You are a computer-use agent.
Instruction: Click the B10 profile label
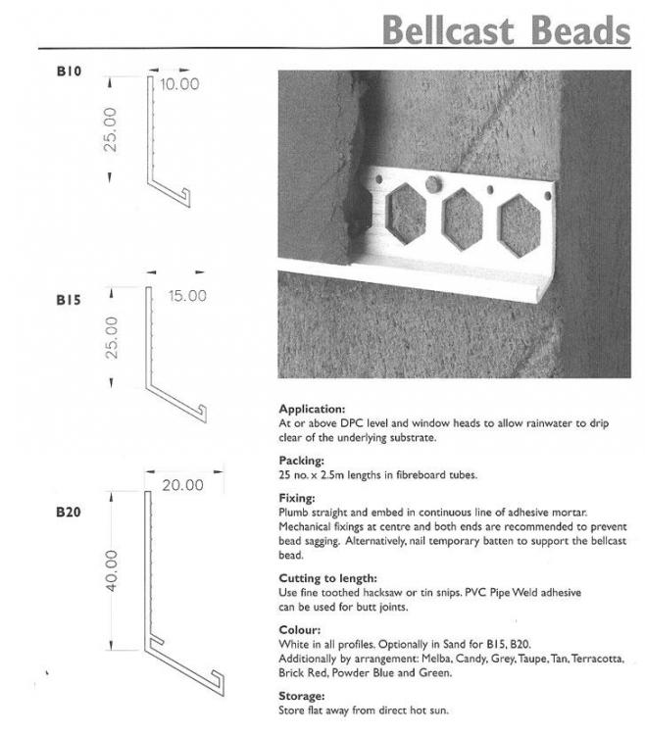click(x=69, y=72)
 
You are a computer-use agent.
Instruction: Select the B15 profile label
click(x=69, y=300)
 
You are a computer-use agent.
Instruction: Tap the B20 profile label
click(x=69, y=512)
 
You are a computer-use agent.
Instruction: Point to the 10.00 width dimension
click(x=179, y=84)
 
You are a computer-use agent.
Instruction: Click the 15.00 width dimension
click(x=187, y=296)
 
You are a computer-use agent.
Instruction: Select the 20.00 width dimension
click(x=183, y=485)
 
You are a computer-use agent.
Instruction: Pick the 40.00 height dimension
click(x=111, y=570)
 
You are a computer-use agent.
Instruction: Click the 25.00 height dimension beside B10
click(x=110, y=129)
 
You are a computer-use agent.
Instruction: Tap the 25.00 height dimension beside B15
click(x=112, y=338)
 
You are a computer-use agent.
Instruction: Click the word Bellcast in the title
click(x=449, y=30)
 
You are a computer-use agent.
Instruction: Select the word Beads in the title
click(x=581, y=30)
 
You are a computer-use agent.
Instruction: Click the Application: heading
click(x=312, y=409)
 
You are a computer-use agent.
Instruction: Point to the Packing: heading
click(x=301, y=461)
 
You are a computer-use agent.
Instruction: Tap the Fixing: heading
click(x=297, y=498)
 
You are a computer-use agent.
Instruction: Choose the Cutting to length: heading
click(x=327, y=578)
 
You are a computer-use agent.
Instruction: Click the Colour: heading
click(x=300, y=629)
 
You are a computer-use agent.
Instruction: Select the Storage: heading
click(x=301, y=696)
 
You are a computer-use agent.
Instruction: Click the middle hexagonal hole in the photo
click(x=463, y=220)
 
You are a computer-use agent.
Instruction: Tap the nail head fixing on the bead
click(x=433, y=184)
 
